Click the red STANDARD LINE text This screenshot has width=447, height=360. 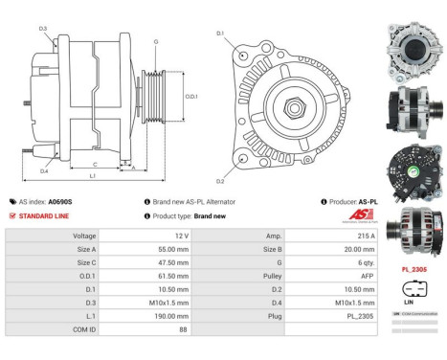pos(45,216)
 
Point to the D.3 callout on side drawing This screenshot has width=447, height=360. pos(43,29)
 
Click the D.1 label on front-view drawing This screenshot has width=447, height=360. pos(219,34)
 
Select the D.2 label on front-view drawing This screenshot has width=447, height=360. pos(219,181)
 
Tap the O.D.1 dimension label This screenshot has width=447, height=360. pos(190,96)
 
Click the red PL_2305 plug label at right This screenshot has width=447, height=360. pos(413,269)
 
